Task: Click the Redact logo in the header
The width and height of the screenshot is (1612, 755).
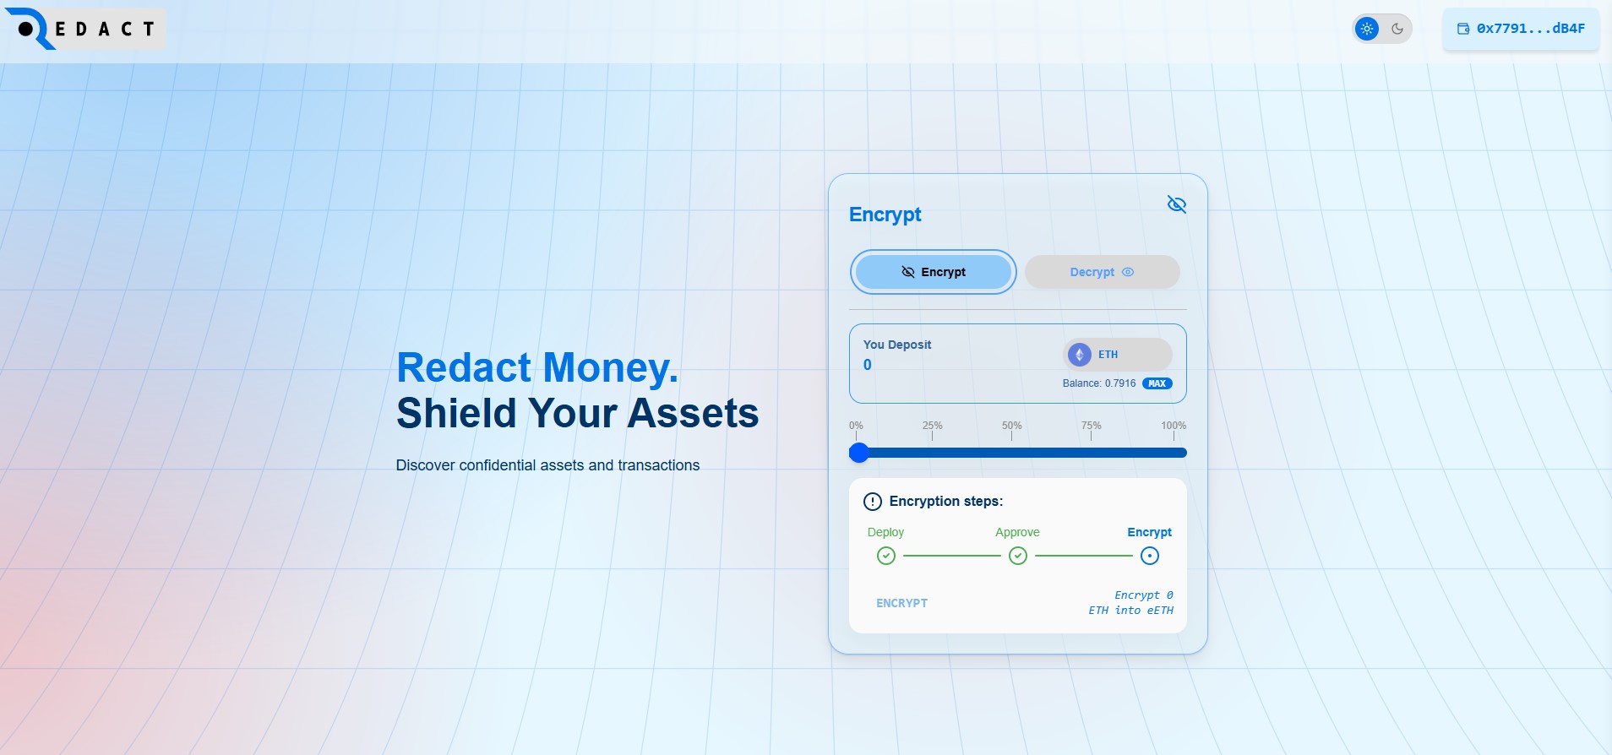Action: click(x=85, y=29)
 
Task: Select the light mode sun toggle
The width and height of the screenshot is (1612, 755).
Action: click(x=1366, y=29)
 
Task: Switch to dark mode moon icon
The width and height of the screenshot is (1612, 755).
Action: click(x=1397, y=29)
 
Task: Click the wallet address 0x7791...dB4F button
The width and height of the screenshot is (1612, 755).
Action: click(x=1521, y=29)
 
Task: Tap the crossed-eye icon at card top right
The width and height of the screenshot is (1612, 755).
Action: click(x=1176, y=204)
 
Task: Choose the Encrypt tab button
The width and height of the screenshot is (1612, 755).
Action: click(x=934, y=272)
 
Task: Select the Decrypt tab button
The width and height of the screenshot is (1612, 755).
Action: click(x=1102, y=272)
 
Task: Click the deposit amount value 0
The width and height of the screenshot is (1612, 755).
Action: click(x=868, y=365)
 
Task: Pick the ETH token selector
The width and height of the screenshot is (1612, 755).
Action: click(x=1118, y=355)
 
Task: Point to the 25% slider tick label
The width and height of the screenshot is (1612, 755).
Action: click(x=932, y=426)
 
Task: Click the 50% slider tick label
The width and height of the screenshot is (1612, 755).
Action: click(x=1011, y=426)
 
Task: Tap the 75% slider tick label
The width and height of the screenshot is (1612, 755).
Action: click(x=1091, y=426)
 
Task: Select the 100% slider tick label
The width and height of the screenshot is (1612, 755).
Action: click(x=1174, y=426)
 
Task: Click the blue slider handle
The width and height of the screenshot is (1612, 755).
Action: click(x=859, y=453)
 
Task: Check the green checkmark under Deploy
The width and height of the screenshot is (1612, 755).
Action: click(x=885, y=556)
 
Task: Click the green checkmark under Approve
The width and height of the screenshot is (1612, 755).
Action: click(x=1018, y=556)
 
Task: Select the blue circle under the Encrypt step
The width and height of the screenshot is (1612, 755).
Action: click(x=1150, y=556)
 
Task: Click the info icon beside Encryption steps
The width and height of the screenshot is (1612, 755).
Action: click(x=873, y=502)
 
